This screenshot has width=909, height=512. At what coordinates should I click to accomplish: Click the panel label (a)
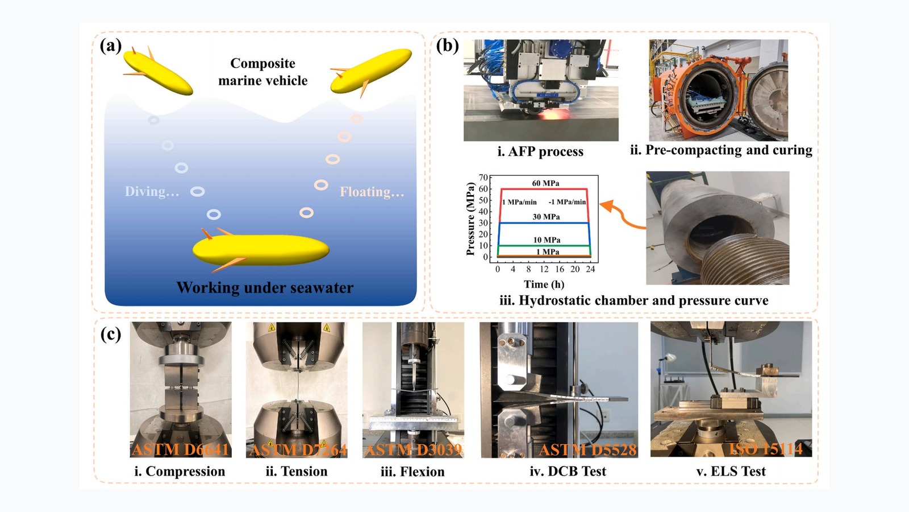click(x=110, y=45)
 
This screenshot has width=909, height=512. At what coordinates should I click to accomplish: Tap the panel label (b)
click(x=447, y=45)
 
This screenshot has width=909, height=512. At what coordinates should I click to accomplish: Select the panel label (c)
click(x=110, y=334)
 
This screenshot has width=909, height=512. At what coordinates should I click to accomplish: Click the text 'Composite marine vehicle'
click(x=262, y=72)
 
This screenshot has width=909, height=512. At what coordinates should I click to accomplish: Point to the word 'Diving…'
click(x=152, y=192)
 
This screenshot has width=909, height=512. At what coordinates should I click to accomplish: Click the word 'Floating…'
click(x=372, y=192)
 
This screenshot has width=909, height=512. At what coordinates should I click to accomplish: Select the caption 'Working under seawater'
click(x=265, y=288)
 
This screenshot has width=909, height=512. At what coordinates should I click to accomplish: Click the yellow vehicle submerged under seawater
click(x=261, y=250)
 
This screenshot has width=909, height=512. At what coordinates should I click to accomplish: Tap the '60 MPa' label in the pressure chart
click(x=545, y=183)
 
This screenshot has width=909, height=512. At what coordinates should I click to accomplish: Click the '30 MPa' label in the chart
click(x=546, y=217)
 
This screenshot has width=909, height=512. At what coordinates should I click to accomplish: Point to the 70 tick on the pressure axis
click(x=483, y=177)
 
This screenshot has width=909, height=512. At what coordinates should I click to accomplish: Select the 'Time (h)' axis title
click(x=544, y=284)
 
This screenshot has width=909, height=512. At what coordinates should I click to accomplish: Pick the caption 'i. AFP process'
click(x=540, y=151)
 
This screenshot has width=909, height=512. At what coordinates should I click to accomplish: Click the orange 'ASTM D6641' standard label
click(x=180, y=450)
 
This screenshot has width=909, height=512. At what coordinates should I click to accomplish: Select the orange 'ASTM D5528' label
click(x=587, y=450)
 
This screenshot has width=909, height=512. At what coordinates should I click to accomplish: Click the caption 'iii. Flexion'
click(x=412, y=472)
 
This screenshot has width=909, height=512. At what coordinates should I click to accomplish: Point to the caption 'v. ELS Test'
click(x=731, y=471)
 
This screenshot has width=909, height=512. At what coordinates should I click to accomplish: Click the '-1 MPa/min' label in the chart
click(x=567, y=202)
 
